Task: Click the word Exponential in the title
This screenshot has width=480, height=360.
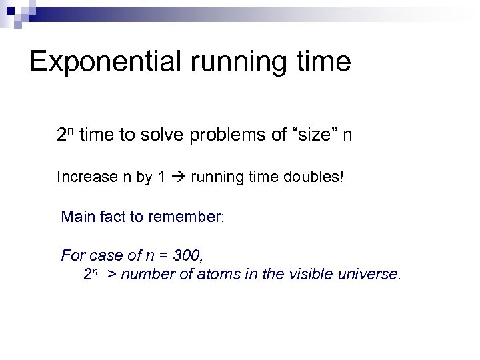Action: tap(106, 61)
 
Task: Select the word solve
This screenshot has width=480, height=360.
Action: tap(169, 136)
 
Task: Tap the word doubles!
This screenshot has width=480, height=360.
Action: tap(315, 178)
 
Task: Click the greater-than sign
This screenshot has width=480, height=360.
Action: tap(112, 273)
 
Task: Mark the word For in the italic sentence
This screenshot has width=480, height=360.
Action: tap(72, 255)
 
